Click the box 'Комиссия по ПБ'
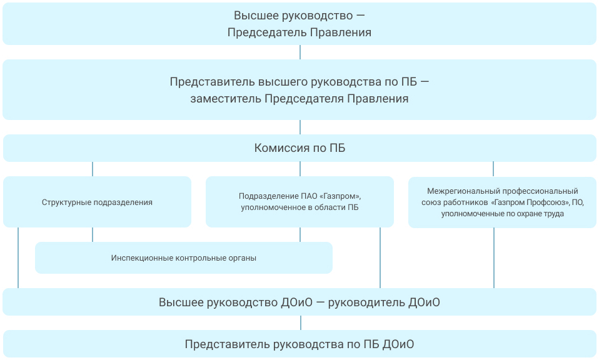[299, 147]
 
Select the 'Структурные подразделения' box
[97, 202]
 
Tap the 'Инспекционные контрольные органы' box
[184, 257]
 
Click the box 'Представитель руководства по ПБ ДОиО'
[299, 344]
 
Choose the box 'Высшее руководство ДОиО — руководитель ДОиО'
[299, 302]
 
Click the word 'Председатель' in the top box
[267, 32]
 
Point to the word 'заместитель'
[226, 99]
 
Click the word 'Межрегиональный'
[464, 191]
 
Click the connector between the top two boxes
[300, 52]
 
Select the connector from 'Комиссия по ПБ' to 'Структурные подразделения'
[93, 169]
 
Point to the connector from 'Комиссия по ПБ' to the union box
[493, 169]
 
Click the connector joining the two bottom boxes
[301, 322]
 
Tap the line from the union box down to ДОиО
[494, 258]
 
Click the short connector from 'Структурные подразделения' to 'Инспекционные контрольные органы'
[93, 235]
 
